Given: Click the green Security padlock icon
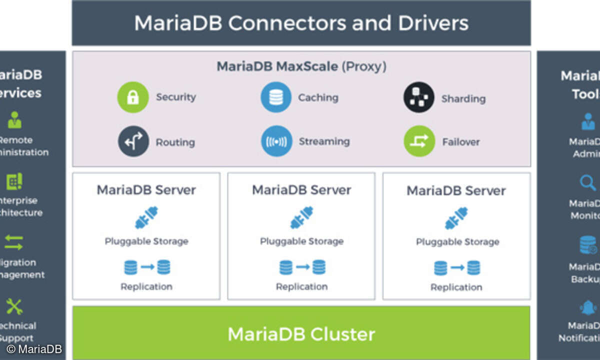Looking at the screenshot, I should (132, 97).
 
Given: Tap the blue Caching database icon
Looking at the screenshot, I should (275, 97).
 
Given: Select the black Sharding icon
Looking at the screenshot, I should (418, 97).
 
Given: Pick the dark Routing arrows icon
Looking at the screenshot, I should (133, 141).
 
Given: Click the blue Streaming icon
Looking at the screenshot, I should (276, 141).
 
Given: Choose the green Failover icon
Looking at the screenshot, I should (419, 141).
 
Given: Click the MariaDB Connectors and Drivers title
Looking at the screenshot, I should (301, 23).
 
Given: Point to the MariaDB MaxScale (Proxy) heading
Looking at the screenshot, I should (301, 66).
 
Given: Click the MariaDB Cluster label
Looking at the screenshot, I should (301, 333).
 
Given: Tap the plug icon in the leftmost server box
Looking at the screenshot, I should (146, 218).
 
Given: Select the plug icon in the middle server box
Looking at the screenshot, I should (301, 218).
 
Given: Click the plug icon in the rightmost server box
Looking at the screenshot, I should (456, 218).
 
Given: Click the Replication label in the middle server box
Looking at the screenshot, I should (301, 286).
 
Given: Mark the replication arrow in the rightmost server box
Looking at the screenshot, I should (457, 268).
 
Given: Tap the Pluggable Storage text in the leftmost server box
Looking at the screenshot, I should (146, 241).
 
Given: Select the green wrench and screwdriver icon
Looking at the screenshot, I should (14, 306).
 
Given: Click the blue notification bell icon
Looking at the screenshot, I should (588, 307).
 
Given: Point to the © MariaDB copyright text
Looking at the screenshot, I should (34, 349).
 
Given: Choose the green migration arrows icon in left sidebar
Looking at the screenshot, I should (14, 243).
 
